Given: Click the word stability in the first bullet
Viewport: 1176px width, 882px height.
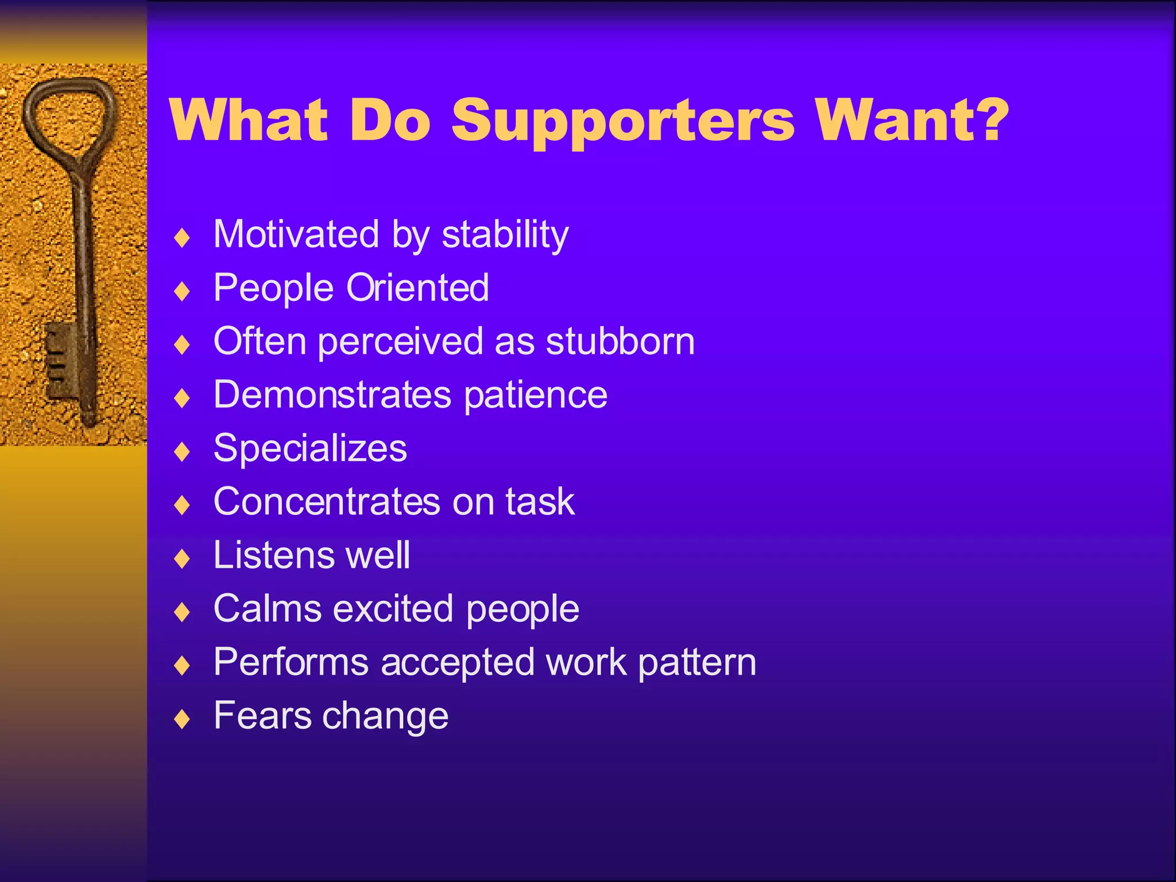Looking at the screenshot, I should point(505,235).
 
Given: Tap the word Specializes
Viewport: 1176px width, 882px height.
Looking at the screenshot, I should point(310,448).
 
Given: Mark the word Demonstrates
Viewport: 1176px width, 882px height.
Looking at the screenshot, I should point(332,394).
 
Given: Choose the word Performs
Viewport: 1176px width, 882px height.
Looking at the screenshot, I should point(291,662).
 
